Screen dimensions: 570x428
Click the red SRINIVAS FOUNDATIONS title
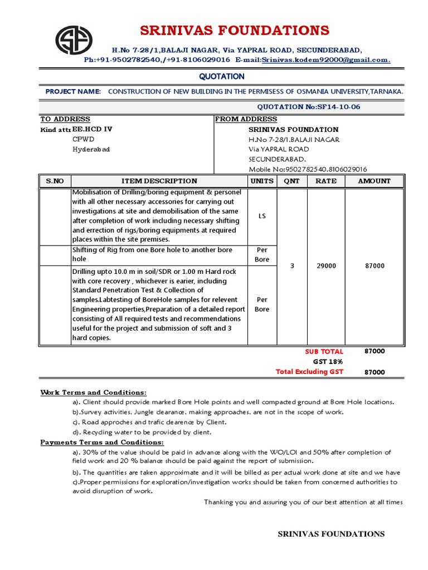click(x=234, y=30)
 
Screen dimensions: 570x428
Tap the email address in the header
click(x=325, y=60)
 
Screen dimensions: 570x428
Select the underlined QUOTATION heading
click(x=222, y=76)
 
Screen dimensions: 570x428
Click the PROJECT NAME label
click(x=73, y=91)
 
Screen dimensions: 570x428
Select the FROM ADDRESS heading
click(x=246, y=119)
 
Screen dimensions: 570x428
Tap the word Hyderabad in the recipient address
click(x=91, y=150)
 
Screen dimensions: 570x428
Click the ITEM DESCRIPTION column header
click(x=159, y=181)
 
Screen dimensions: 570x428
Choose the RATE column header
click(x=326, y=181)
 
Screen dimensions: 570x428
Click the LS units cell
click(x=262, y=216)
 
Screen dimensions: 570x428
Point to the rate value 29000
click(x=326, y=266)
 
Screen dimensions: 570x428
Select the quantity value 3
click(x=292, y=266)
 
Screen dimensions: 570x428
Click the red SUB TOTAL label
click(x=324, y=352)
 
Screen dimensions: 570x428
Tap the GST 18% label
click(x=328, y=362)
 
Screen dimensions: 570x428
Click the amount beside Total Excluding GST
click(x=374, y=372)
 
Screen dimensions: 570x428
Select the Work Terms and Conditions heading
click(x=94, y=392)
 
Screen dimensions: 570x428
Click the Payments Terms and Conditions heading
click(x=102, y=443)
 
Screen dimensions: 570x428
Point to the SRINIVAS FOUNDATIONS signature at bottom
click(x=331, y=534)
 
